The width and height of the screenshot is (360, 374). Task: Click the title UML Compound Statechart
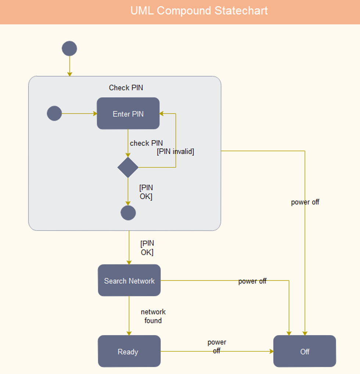199,11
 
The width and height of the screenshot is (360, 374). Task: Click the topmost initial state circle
69,48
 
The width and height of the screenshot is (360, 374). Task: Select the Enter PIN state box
128,113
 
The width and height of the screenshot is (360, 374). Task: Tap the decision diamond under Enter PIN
128,167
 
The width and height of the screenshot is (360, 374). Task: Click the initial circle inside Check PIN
54,113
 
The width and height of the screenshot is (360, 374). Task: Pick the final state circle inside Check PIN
128,213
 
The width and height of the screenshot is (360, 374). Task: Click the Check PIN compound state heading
126,88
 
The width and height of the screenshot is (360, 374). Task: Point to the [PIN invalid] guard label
175,151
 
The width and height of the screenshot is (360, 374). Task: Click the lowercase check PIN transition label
146,143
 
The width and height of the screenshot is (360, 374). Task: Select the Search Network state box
129,280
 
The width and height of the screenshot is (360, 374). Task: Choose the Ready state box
129,351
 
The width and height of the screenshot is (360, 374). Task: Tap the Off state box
305,351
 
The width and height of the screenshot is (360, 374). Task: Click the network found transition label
153,316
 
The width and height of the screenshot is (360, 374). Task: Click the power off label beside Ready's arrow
217,346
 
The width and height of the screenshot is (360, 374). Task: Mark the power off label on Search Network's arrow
252,281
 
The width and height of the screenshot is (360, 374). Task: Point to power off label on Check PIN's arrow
305,202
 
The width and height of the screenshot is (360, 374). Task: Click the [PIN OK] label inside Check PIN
146,192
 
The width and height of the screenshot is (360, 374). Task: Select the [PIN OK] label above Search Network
147,248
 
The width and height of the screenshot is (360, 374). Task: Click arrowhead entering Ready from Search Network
129,333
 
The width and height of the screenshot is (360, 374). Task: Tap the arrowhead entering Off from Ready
271,351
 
